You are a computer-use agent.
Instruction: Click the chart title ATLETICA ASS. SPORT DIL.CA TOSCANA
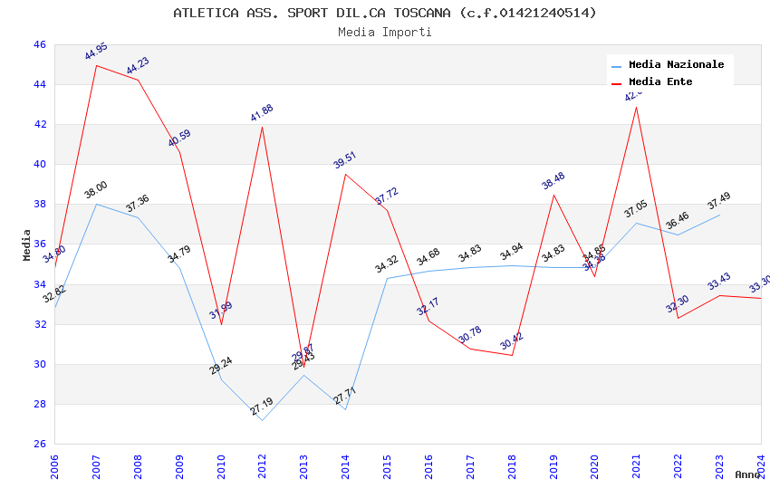click(x=385, y=13)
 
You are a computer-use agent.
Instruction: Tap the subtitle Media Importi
click(x=385, y=32)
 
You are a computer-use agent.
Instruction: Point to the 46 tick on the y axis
click(x=39, y=44)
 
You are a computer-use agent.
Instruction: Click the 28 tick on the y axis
click(x=39, y=404)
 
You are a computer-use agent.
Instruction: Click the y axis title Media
click(x=26, y=244)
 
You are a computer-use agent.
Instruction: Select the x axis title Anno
click(x=747, y=474)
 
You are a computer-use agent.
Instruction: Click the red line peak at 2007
click(x=96, y=65)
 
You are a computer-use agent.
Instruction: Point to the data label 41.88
click(x=262, y=113)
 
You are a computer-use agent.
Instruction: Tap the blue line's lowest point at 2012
click(x=262, y=420)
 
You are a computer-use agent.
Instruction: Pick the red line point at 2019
click(x=553, y=195)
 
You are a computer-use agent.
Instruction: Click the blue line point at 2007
click(x=96, y=204)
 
